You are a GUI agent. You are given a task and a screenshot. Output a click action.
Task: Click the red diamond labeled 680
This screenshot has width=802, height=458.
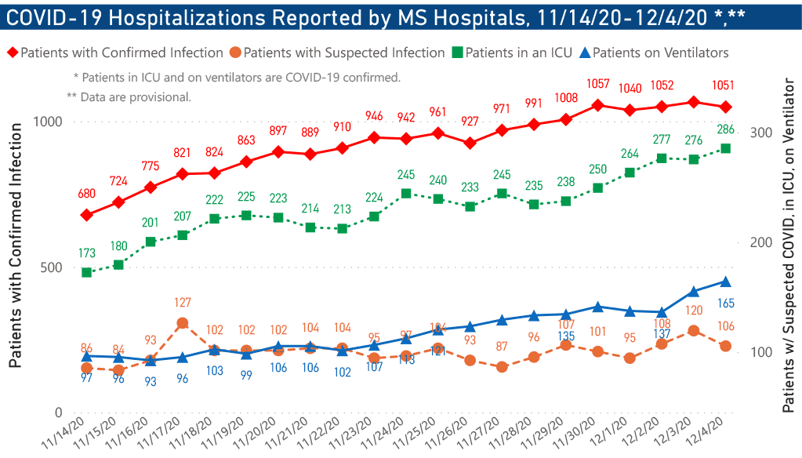click(87, 215)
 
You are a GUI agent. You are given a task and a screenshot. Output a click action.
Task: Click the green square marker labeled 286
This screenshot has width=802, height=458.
click(725, 148)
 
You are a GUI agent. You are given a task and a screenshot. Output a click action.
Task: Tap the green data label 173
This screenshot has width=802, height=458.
click(87, 253)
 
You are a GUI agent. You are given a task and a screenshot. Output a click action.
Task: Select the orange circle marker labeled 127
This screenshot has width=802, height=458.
click(182, 323)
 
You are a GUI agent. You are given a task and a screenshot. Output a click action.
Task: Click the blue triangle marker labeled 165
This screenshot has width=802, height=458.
click(725, 282)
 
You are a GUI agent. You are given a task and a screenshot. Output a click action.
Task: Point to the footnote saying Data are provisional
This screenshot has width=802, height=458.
click(129, 96)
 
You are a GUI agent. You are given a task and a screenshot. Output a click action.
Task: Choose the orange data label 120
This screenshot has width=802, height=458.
click(693, 311)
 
